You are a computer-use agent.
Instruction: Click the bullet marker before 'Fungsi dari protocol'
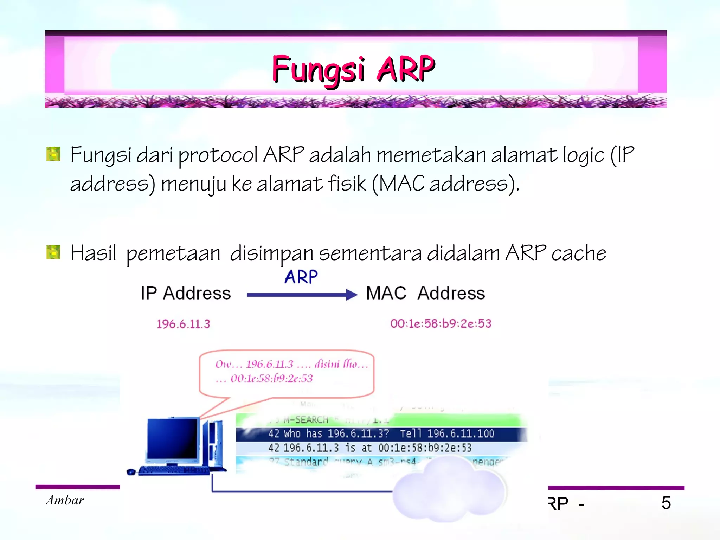pyautogui.click(x=53, y=154)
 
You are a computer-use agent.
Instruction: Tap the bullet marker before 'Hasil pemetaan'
pyautogui.click(x=53, y=252)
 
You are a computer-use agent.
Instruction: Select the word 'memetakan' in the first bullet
pyautogui.click(x=431, y=155)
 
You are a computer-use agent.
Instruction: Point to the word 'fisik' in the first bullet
pyautogui.click(x=347, y=183)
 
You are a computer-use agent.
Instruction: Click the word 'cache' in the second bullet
pyautogui.click(x=579, y=253)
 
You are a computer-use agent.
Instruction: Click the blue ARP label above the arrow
pyautogui.click(x=301, y=277)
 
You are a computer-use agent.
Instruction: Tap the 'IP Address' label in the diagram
pyautogui.click(x=186, y=293)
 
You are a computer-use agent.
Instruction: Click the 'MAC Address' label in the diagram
pyautogui.click(x=425, y=293)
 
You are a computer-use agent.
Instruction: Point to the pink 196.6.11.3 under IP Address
pyautogui.click(x=183, y=324)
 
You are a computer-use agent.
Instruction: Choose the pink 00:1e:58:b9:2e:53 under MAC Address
pyautogui.click(x=441, y=323)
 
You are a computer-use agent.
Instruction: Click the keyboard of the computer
pyautogui.click(x=174, y=471)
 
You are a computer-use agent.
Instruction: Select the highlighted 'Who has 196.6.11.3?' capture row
pyautogui.click(x=381, y=434)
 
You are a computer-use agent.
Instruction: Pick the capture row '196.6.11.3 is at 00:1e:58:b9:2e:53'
pyautogui.click(x=370, y=448)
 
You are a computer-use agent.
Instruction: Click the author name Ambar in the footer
pyautogui.click(x=65, y=500)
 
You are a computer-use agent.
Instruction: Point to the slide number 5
pyautogui.click(x=666, y=503)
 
